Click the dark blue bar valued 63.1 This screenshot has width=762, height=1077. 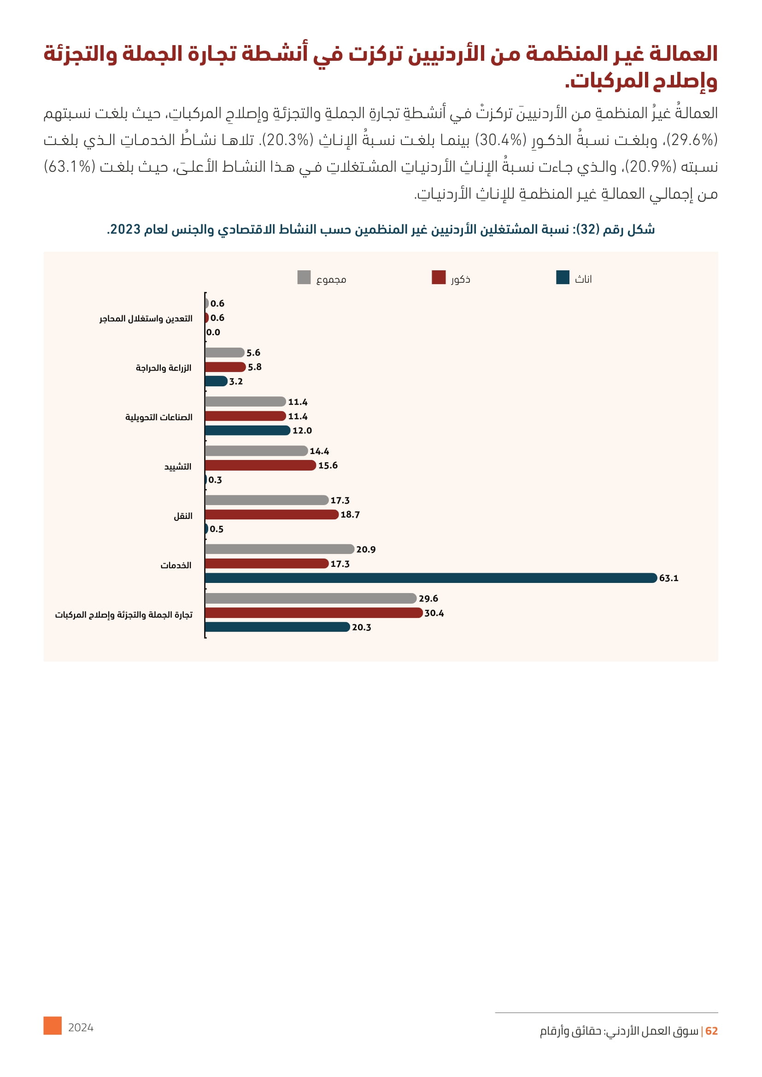(x=431, y=578)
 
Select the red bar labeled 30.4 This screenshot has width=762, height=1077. (x=313, y=612)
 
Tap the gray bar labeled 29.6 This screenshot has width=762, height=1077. (x=311, y=598)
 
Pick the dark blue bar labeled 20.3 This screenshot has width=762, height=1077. (x=277, y=627)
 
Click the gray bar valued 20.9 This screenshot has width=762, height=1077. (x=279, y=549)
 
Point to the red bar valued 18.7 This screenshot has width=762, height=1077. (x=272, y=515)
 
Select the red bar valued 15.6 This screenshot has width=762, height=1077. (x=260, y=466)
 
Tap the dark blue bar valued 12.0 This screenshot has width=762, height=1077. (x=247, y=430)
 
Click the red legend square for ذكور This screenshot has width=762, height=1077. (x=439, y=277)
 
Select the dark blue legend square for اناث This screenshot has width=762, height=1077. (x=563, y=277)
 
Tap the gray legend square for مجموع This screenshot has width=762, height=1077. (x=304, y=277)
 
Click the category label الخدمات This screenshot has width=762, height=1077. (x=176, y=565)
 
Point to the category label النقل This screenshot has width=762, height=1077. (x=183, y=516)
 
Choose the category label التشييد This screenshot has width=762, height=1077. (x=178, y=467)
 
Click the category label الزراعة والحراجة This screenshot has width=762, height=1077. (x=164, y=368)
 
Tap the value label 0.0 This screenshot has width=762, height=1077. (x=213, y=332)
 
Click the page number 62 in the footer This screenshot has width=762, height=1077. (x=711, y=1031)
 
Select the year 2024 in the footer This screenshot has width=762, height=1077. (x=81, y=1028)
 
